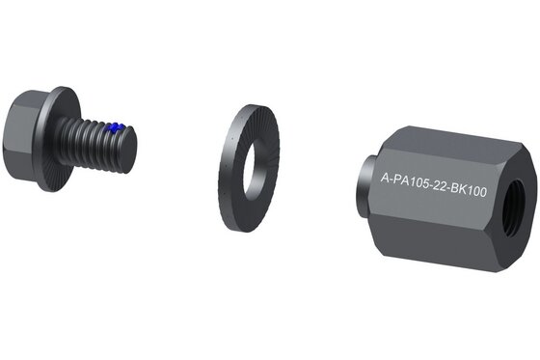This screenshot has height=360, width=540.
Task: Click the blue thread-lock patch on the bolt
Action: coord(115,128)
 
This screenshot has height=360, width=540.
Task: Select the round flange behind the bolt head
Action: coord(59,139)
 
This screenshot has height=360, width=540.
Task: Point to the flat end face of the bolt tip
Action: coord(129,150)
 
